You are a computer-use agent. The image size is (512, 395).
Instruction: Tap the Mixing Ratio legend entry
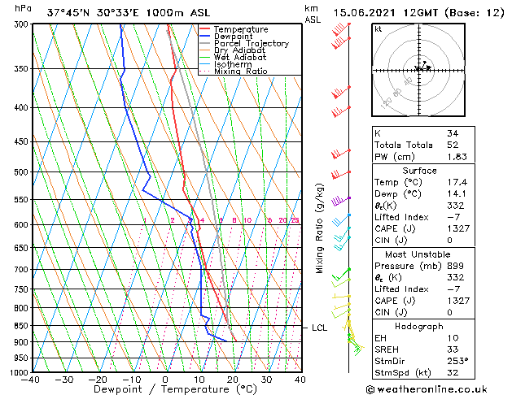click(x=241, y=72)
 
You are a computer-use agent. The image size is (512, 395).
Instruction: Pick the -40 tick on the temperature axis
click(x=31, y=379)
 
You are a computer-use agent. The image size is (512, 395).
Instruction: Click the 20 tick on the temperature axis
click(x=233, y=379)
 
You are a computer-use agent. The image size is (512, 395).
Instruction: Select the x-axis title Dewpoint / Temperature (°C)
click(x=166, y=389)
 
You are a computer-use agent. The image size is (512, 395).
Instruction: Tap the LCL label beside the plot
click(x=320, y=328)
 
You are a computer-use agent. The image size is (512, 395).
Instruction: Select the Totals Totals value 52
click(x=453, y=144)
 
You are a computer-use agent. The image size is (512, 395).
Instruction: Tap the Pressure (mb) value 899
click(x=455, y=265)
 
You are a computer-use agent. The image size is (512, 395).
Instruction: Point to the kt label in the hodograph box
click(x=378, y=29)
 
